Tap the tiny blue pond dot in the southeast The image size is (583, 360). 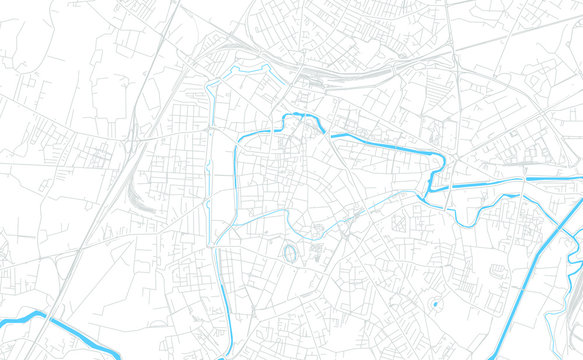pos(435,302)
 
